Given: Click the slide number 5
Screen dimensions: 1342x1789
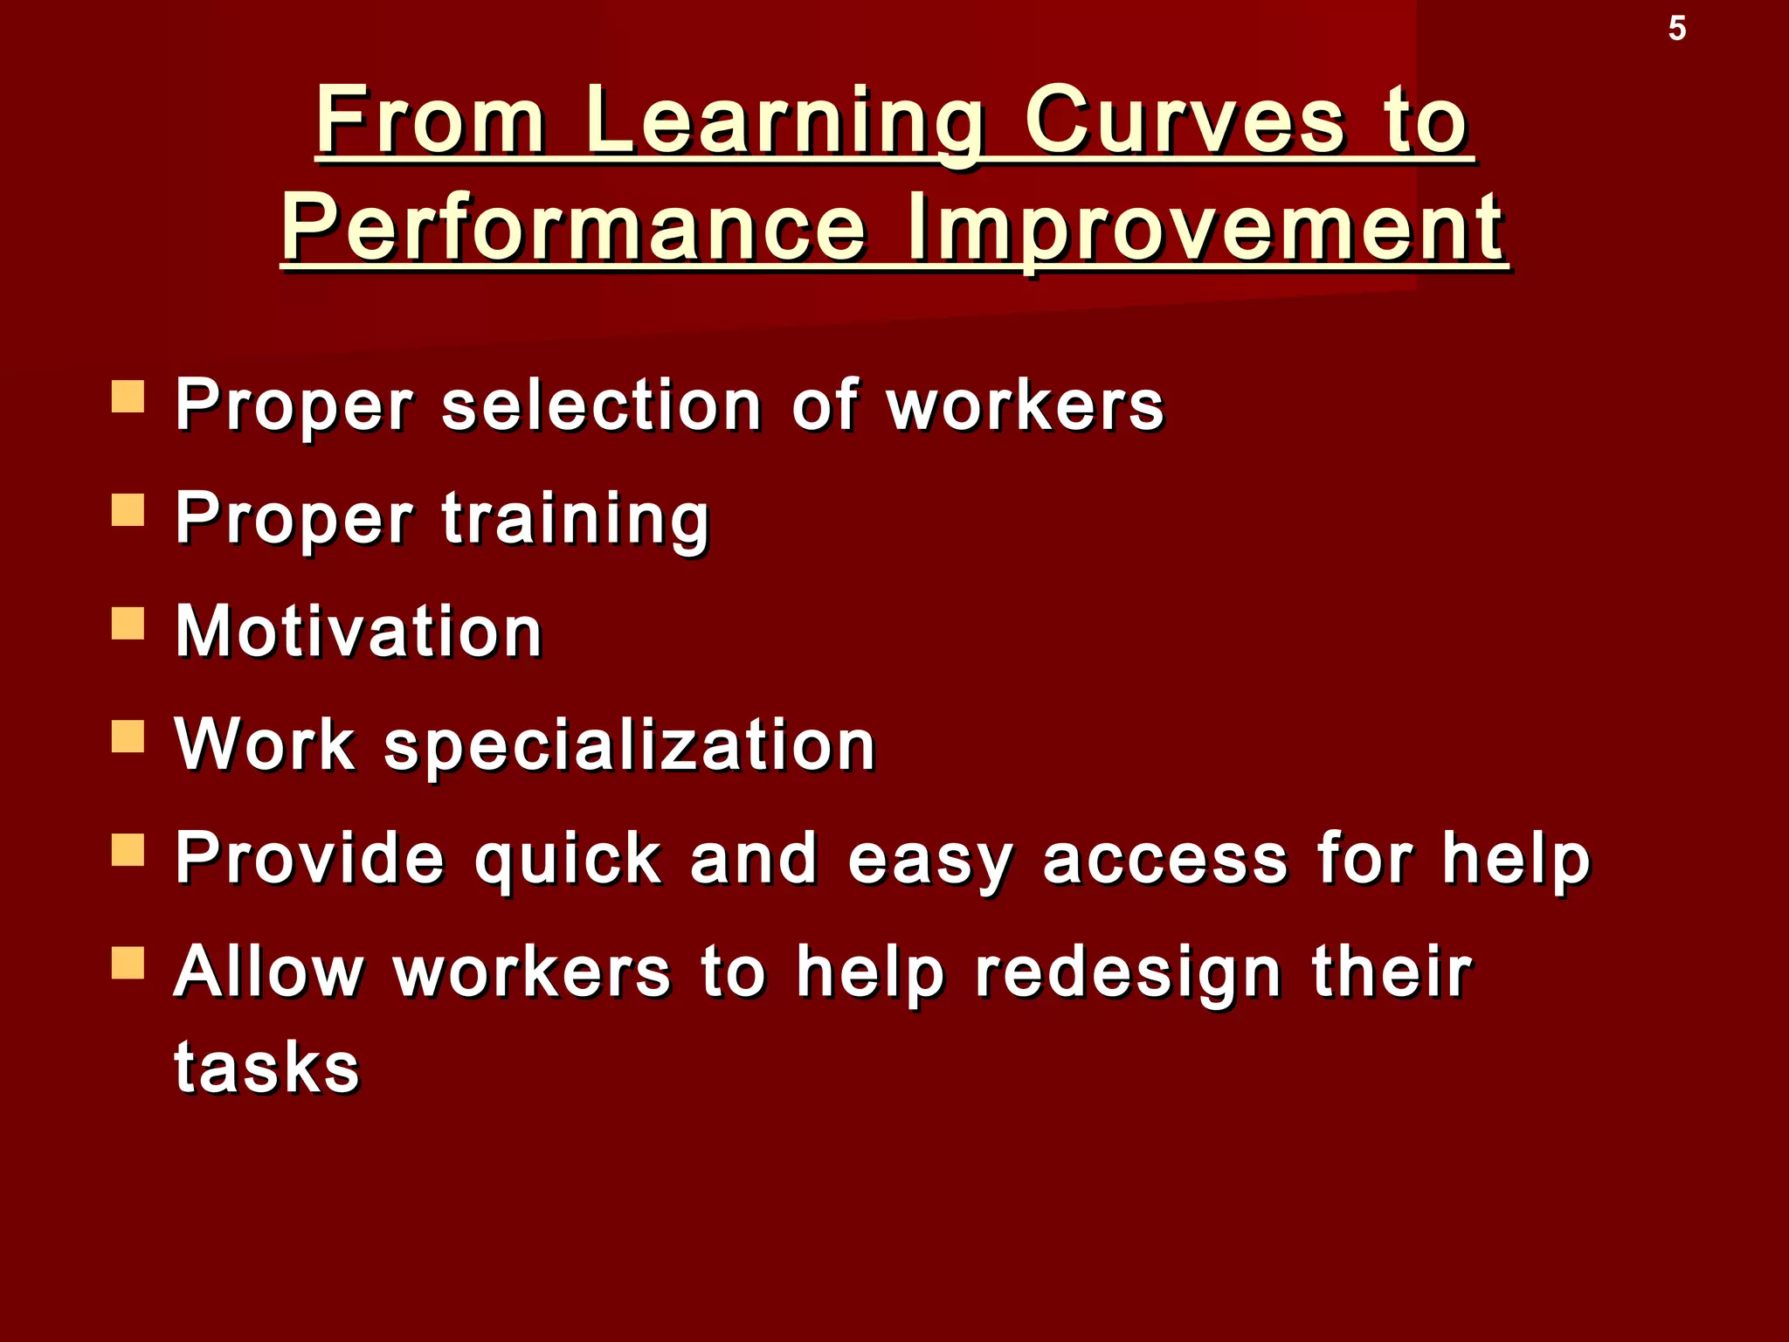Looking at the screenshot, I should pos(1676,29).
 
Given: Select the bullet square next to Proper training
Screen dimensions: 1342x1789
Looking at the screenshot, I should pos(128,509).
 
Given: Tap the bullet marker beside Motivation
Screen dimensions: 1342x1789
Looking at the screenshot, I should pos(128,624).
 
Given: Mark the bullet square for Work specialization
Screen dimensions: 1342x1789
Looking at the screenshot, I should pos(128,737).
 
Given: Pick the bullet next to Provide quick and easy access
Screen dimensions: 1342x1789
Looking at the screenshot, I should pos(128,850).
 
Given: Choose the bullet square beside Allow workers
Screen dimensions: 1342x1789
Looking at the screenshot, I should pos(128,963).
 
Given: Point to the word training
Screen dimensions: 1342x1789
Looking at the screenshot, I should pos(576,519).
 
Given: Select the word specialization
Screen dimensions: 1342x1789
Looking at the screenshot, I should pos(629,745).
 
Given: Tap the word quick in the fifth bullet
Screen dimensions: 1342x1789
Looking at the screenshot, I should pos(568,859).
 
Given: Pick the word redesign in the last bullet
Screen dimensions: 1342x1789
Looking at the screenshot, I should pos(1127,973).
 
